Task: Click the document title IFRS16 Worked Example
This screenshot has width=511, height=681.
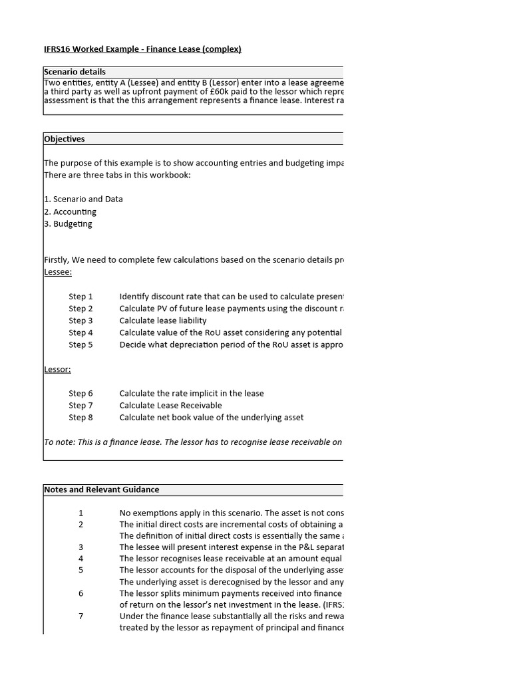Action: coord(142,49)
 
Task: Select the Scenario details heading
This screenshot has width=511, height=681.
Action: coord(75,72)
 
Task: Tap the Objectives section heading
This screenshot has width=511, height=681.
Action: coord(65,139)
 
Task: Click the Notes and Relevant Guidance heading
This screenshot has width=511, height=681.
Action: coord(101,489)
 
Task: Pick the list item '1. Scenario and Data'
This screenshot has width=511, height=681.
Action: coord(83,199)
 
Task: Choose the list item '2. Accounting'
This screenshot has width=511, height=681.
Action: coord(70,211)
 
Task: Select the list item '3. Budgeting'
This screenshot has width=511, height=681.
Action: coord(68,223)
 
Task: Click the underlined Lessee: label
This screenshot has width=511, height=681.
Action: coord(58,272)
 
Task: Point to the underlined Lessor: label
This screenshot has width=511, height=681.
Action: coord(57,369)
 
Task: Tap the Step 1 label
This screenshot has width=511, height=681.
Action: coord(81,297)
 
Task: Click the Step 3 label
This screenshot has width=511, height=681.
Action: coord(81,321)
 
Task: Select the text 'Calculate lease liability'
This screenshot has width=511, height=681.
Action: coord(163,321)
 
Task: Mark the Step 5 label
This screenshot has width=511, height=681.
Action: coord(81,344)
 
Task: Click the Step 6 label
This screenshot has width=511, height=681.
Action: coord(81,394)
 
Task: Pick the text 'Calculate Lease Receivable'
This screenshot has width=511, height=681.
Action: coord(170,406)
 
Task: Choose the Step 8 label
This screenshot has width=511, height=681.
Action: coord(81,418)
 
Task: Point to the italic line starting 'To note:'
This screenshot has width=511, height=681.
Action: coord(193,442)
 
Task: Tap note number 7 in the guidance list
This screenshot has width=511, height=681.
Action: coord(81,616)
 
